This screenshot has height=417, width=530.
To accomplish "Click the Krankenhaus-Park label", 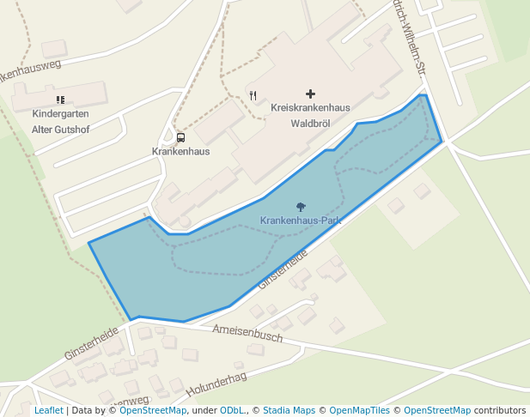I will [x=302, y=221].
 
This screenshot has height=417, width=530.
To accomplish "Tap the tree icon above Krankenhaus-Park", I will [x=301, y=207].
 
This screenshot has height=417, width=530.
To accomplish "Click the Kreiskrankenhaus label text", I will [x=310, y=108].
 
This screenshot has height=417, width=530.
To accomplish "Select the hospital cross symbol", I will [x=310, y=94].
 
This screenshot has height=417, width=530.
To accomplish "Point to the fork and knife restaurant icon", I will [x=253, y=95].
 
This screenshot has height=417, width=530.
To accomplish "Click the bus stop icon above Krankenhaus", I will [x=180, y=137].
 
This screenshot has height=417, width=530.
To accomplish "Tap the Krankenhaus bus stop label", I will [x=180, y=151].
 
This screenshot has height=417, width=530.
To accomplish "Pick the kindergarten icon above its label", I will [x=60, y=100].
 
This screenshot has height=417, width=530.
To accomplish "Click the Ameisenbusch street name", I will [x=247, y=334].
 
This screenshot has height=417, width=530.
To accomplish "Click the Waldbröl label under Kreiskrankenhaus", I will [x=310, y=123].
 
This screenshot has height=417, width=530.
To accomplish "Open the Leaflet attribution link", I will [x=48, y=411].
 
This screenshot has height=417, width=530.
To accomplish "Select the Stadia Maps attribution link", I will [x=289, y=411].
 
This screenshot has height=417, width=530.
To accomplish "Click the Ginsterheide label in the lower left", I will [x=92, y=342].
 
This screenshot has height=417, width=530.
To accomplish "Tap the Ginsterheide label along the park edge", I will [x=282, y=269].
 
